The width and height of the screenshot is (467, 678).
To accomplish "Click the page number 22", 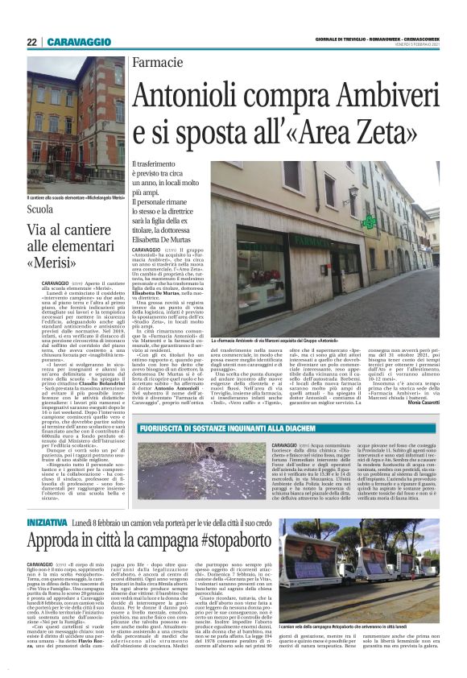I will tap(31, 41).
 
